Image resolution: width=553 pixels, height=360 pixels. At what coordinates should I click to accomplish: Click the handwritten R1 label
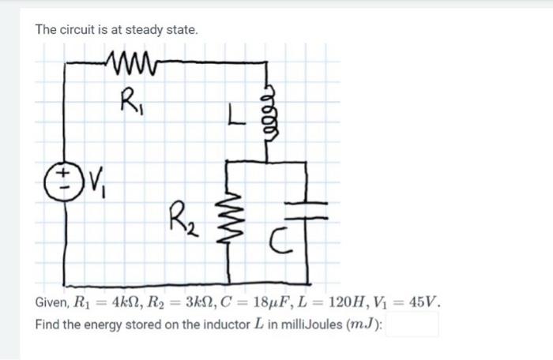click(129, 100)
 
